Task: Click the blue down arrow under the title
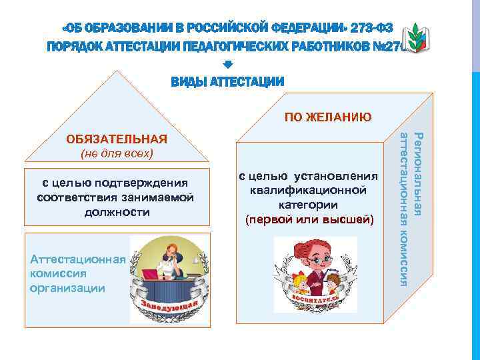tap(227, 65)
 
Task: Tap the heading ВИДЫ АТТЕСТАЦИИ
tap(227, 82)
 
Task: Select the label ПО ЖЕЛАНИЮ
tap(328, 118)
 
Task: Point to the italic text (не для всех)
tap(117, 154)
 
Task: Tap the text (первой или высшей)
tap(309, 219)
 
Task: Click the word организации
tap(68, 288)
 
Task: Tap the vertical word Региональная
tap(418, 174)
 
